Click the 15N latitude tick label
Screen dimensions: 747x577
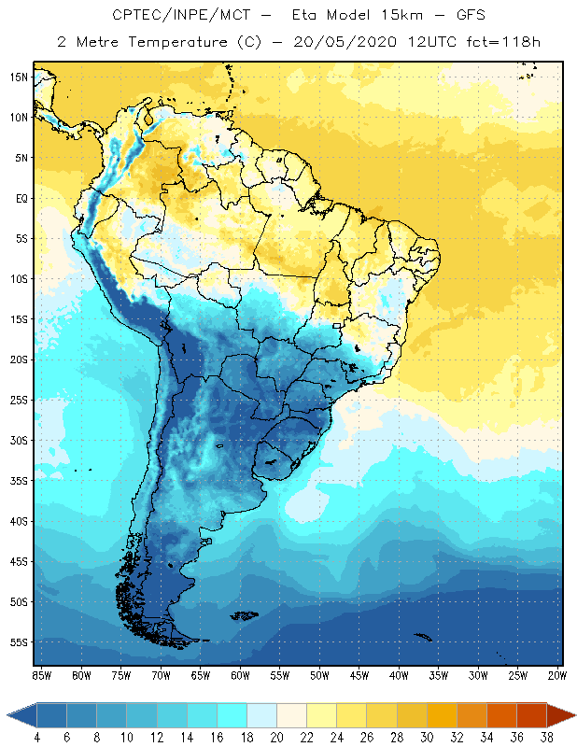click(17, 77)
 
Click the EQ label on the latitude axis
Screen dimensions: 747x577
click(19, 198)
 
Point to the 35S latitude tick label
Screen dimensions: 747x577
click(17, 480)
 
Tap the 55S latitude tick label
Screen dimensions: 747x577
click(17, 642)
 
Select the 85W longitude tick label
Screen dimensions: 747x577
click(41, 674)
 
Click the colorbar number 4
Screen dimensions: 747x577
click(37, 738)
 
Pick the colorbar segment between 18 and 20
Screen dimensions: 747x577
click(262, 715)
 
